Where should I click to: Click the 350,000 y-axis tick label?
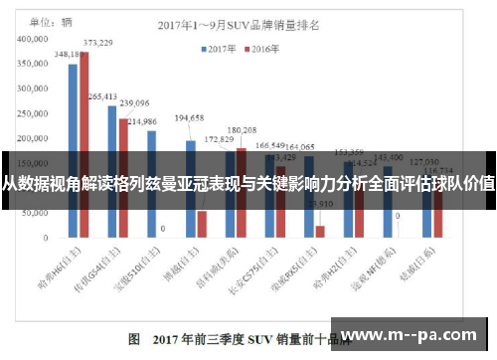coord(37,62)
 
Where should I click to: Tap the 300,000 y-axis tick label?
coord(37,88)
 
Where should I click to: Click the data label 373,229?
coord(97,43)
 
